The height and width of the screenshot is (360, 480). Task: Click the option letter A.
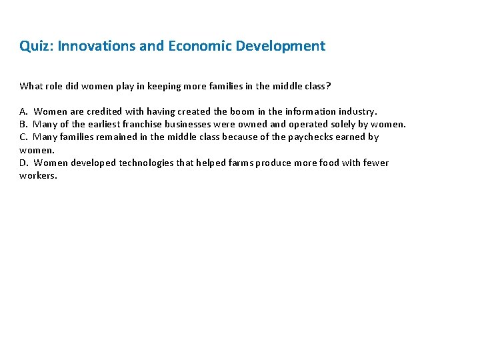click(23, 111)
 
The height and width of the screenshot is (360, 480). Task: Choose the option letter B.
click(23, 124)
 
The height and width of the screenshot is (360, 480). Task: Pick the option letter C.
click(23, 137)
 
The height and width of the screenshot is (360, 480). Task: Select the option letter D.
click(23, 163)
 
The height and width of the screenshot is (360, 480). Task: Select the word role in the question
click(55, 85)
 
